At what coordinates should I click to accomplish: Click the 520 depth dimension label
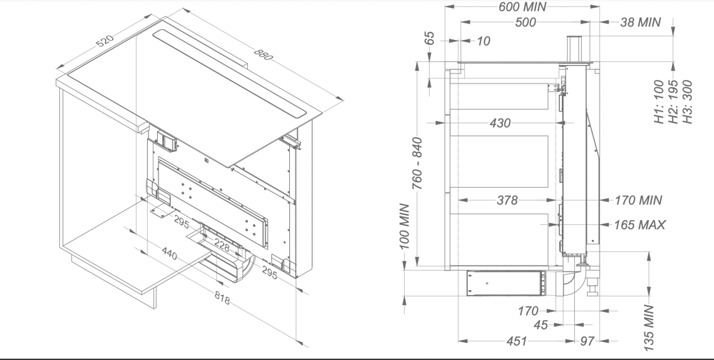(x=104, y=42)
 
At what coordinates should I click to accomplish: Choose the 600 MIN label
(x=521, y=6)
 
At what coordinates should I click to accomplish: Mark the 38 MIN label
(x=640, y=22)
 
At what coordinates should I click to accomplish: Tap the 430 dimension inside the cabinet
(x=500, y=124)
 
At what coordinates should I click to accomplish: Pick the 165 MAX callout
(x=640, y=225)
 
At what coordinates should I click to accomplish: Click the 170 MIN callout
(x=638, y=201)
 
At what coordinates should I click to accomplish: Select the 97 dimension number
(x=587, y=341)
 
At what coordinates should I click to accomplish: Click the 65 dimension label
(x=430, y=39)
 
